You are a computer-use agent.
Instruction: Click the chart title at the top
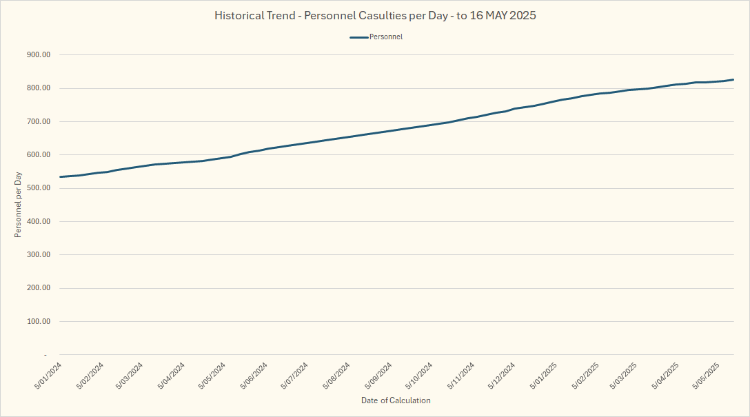375,15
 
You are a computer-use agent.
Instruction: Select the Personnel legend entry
376,37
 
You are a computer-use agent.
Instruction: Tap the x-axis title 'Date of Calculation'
396,400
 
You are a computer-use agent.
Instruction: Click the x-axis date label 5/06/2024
255,376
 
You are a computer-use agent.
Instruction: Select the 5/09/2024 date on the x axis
379,376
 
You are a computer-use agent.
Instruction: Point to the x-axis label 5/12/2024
503,376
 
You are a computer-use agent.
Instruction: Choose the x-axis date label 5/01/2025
544,376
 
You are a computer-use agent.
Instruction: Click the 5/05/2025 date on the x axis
709,376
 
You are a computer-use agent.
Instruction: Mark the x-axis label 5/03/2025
627,376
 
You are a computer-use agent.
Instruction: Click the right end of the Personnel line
733,79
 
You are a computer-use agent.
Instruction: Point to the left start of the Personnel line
60,177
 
